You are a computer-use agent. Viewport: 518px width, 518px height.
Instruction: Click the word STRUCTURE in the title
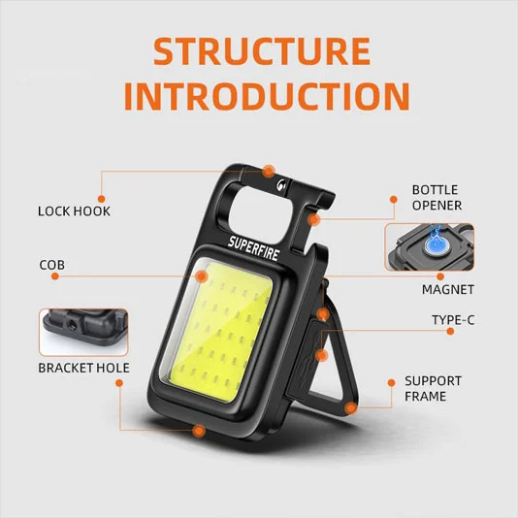coord(259,51)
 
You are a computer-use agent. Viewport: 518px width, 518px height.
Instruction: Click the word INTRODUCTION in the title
coord(259,96)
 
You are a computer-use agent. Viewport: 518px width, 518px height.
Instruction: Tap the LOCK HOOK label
coord(74,210)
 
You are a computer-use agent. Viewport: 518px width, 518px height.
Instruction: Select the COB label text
coord(52,264)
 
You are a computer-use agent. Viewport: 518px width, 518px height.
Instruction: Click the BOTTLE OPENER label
coord(436,197)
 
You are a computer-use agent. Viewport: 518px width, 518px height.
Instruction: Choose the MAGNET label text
coord(447,289)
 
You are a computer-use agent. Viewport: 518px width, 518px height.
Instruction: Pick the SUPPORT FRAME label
coord(433,389)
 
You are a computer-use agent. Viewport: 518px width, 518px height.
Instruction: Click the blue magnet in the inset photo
coord(436,246)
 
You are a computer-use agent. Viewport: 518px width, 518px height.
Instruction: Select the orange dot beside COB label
coord(55,275)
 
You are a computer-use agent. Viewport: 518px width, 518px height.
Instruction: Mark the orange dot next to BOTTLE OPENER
coord(393,200)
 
